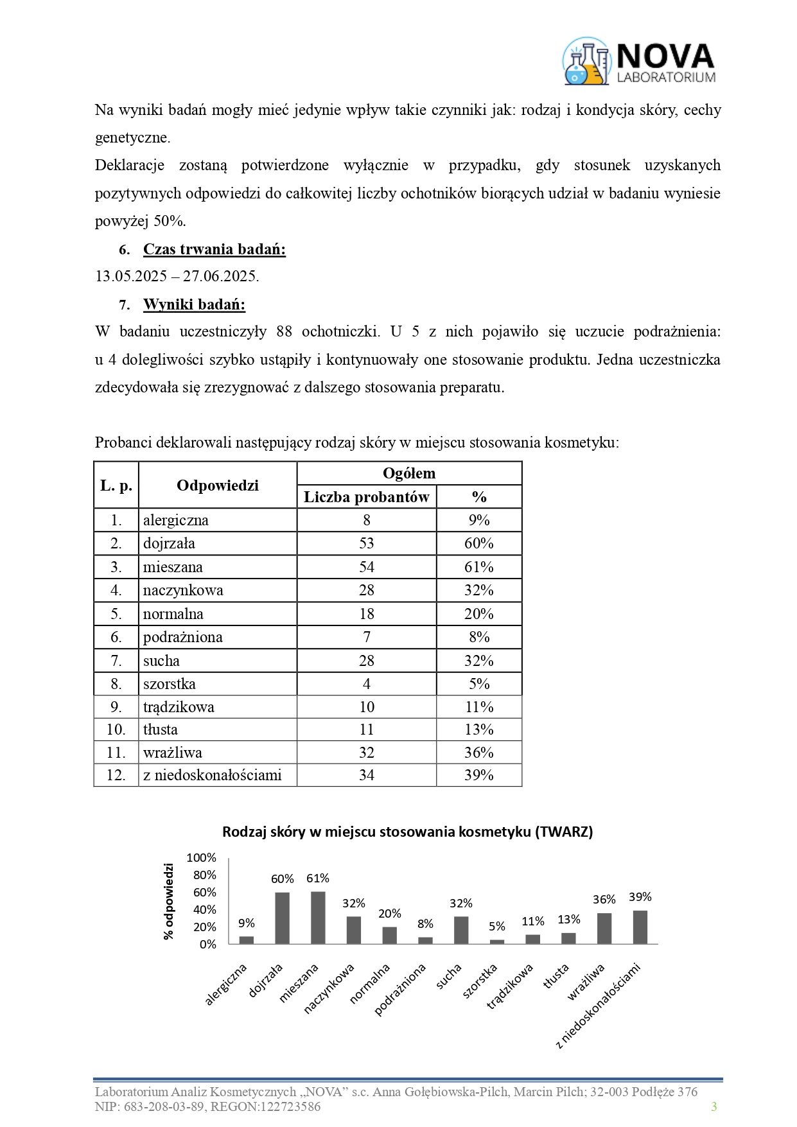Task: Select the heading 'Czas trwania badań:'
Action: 214,249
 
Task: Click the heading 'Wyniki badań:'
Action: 194,304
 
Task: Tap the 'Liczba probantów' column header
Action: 366,497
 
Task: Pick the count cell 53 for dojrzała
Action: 366,543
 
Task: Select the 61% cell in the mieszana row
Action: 478,567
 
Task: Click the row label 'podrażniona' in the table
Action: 183,637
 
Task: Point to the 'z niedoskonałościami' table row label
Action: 213,775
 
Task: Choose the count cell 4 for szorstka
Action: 366,684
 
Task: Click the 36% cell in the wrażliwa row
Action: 478,753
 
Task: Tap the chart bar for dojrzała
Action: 283,918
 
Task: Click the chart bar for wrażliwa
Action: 604,929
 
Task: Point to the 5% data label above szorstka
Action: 497,926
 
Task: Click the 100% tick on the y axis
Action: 202,858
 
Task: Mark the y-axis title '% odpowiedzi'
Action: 169,902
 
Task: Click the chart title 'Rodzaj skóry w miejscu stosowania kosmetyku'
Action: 407,832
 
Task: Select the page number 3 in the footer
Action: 714,1106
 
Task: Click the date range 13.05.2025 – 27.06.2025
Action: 177,277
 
